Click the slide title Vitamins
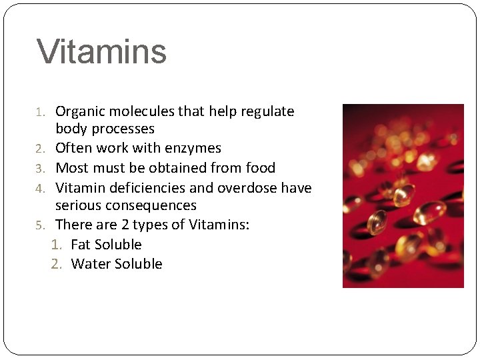click(101, 52)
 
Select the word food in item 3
click(261, 168)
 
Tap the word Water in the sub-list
click(91, 264)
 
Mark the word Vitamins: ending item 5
click(219, 225)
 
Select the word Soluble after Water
click(139, 264)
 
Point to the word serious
click(77, 205)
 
